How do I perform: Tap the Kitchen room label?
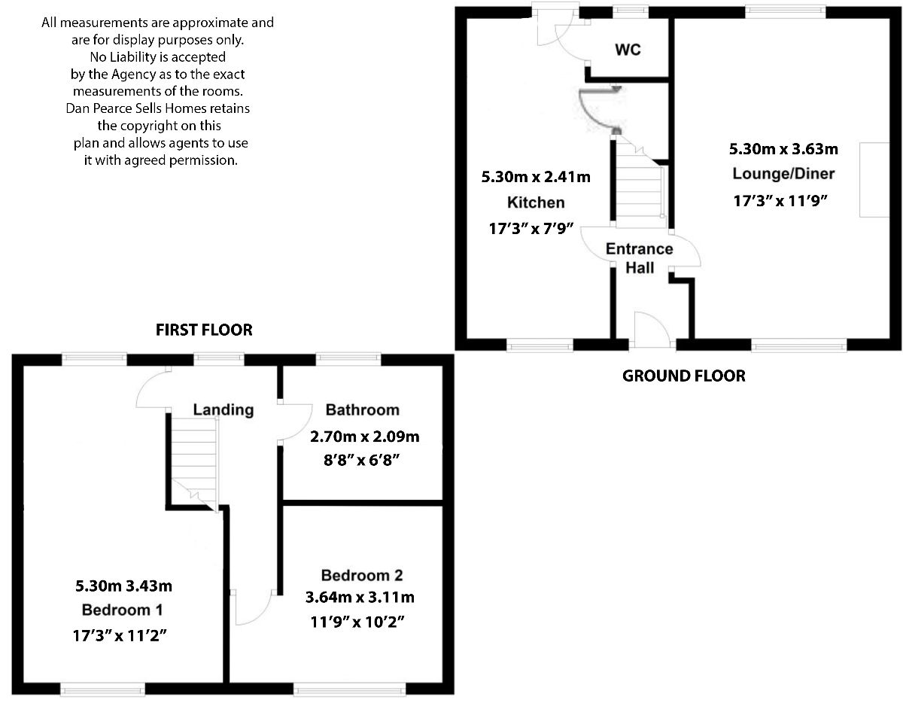click(x=535, y=202)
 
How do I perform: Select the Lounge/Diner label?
click(x=783, y=174)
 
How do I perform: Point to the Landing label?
click(x=223, y=410)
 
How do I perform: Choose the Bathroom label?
click(x=362, y=410)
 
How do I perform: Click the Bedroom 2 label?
click(x=362, y=576)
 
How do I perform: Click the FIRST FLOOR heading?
click(x=204, y=330)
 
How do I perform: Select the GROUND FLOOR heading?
click(x=684, y=376)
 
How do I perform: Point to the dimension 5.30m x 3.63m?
click(x=783, y=148)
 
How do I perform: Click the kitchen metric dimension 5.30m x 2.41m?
click(x=535, y=178)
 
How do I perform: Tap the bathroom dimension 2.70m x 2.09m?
click(x=364, y=436)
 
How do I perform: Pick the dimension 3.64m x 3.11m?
click(x=360, y=598)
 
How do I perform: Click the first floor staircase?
click(x=193, y=459)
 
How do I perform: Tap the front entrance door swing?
click(x=650, y=330)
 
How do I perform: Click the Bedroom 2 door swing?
click(x=254, y=607)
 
